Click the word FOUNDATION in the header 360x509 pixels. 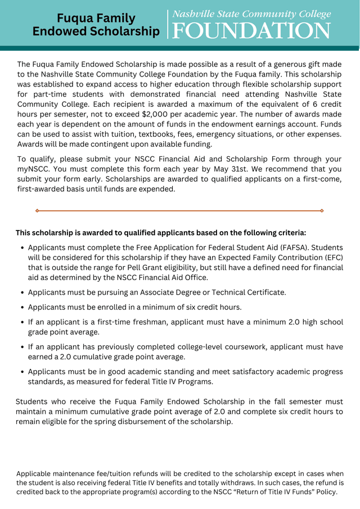coord(251,30)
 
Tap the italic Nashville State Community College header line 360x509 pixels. coord(251,14)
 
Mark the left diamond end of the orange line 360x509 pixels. coord(37,210)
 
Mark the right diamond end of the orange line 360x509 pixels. coord(322,210)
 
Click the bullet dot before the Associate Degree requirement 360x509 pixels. coord(22,292)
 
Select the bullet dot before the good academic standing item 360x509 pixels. coord(22,372)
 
